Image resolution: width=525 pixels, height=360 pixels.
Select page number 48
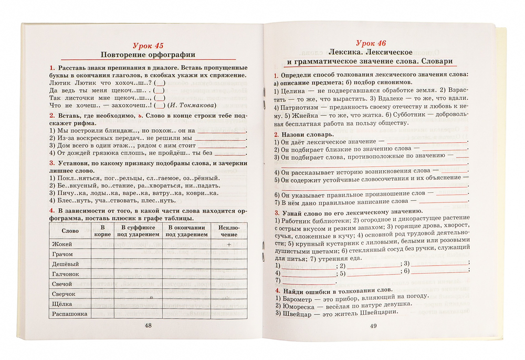(148, 326)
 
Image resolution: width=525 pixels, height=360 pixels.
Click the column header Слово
(70, 231)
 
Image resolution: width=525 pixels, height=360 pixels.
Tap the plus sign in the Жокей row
(229, 244)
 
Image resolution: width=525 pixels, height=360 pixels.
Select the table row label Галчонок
(65, 274)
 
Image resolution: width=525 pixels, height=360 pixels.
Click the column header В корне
(102, 231)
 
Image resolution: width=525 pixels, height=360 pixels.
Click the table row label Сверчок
(64, 294)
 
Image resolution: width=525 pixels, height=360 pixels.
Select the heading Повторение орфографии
(147, 55)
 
